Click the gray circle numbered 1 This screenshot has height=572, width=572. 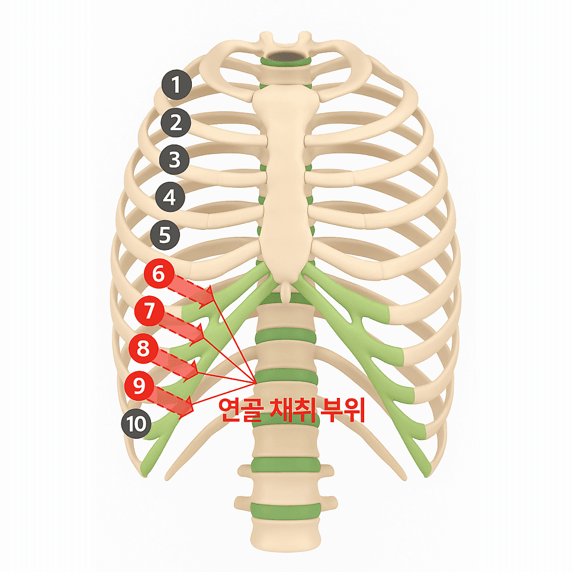[177, 85]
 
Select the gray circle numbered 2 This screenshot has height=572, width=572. [176, 123]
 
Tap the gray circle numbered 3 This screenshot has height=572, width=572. [175, 160]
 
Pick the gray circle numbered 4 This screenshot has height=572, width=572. [171, 197]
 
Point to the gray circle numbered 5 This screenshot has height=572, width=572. [165, 235]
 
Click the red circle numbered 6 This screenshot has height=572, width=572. [158, 274]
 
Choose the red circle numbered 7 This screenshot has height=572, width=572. [149, 311]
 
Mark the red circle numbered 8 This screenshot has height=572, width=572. [143, 348]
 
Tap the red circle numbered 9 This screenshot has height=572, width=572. [139, 385]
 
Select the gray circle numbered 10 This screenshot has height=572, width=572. [136, 423]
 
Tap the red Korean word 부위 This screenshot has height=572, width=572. [342, 410]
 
